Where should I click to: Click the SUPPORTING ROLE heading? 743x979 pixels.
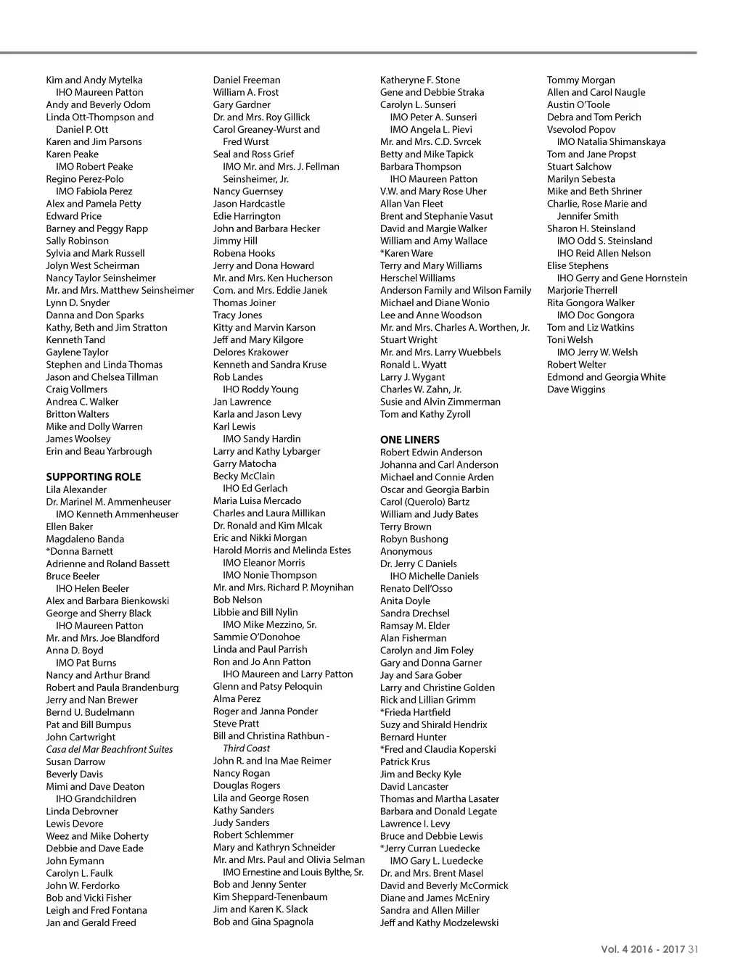[94, 477]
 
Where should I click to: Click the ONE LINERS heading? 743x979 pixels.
[410, 440]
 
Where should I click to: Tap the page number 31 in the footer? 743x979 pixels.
[693, 949]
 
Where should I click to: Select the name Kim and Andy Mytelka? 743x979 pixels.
[94, 80]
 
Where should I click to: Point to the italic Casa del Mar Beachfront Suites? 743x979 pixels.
[110, 750]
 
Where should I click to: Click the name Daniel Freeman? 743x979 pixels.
[247, 80]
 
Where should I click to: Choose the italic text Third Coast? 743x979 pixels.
[247, 748]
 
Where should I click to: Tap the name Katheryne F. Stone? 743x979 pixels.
[420, 80]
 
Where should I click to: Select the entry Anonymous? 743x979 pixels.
[406, 552]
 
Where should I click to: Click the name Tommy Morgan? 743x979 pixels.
[581, 80]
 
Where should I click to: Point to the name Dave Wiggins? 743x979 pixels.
[576, 390]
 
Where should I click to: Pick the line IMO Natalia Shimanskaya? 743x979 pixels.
[611, 142]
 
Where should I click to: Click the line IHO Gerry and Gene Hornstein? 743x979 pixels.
[622, 278]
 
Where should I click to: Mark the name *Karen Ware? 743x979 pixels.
[406, 254]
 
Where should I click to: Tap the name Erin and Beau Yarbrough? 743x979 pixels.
[99, 452]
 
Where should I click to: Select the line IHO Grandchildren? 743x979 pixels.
[96, 799]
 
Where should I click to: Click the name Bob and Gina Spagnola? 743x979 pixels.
[263, 922]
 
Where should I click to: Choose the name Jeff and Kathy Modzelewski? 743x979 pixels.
[440, 923]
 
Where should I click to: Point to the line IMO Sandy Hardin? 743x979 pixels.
[261, 439]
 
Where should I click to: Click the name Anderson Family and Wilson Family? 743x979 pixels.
[456, 291]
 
